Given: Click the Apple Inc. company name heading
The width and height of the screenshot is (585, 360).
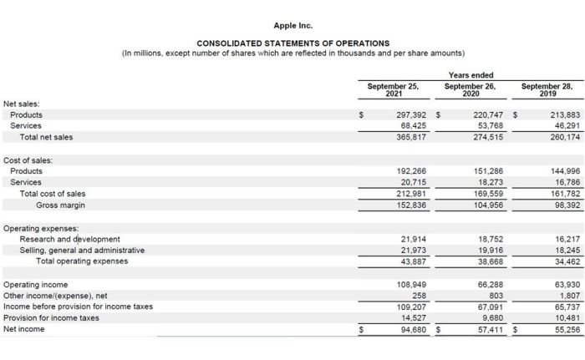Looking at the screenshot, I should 292,25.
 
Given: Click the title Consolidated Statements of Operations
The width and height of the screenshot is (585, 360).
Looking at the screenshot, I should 292,43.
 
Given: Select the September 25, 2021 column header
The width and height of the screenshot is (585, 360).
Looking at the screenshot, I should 392,89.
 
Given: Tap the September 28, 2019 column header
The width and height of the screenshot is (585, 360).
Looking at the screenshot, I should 547,89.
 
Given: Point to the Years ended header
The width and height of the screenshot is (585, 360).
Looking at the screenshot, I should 471,75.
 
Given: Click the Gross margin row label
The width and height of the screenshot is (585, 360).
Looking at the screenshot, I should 60,205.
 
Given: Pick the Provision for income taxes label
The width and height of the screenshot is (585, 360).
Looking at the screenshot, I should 51,317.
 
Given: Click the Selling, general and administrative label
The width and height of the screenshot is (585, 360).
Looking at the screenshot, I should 82,250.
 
